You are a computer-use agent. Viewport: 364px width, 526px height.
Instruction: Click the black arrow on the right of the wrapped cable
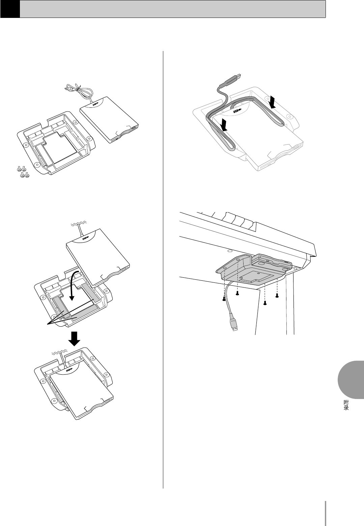coord(273,101)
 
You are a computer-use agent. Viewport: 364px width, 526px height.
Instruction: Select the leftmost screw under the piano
coord(224,298)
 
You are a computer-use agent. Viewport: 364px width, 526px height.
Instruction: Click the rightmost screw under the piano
coord(277,296)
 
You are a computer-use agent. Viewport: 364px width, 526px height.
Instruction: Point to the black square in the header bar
coord(10,8)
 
